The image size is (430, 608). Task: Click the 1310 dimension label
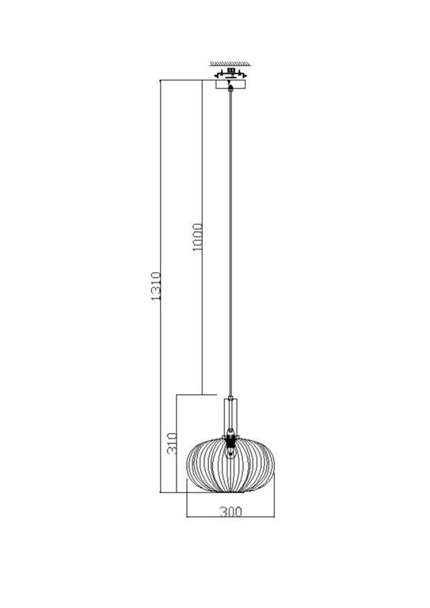click(x=156, y=289)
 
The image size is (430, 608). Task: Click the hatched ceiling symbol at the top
click(x=230, y=63)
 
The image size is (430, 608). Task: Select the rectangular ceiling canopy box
click(x=230, y=82)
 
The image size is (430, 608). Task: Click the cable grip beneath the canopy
click(x=230, y=90)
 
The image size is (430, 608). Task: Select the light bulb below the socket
click(x=230, y=453)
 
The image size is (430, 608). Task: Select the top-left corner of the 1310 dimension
click(x=162, y=80)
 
